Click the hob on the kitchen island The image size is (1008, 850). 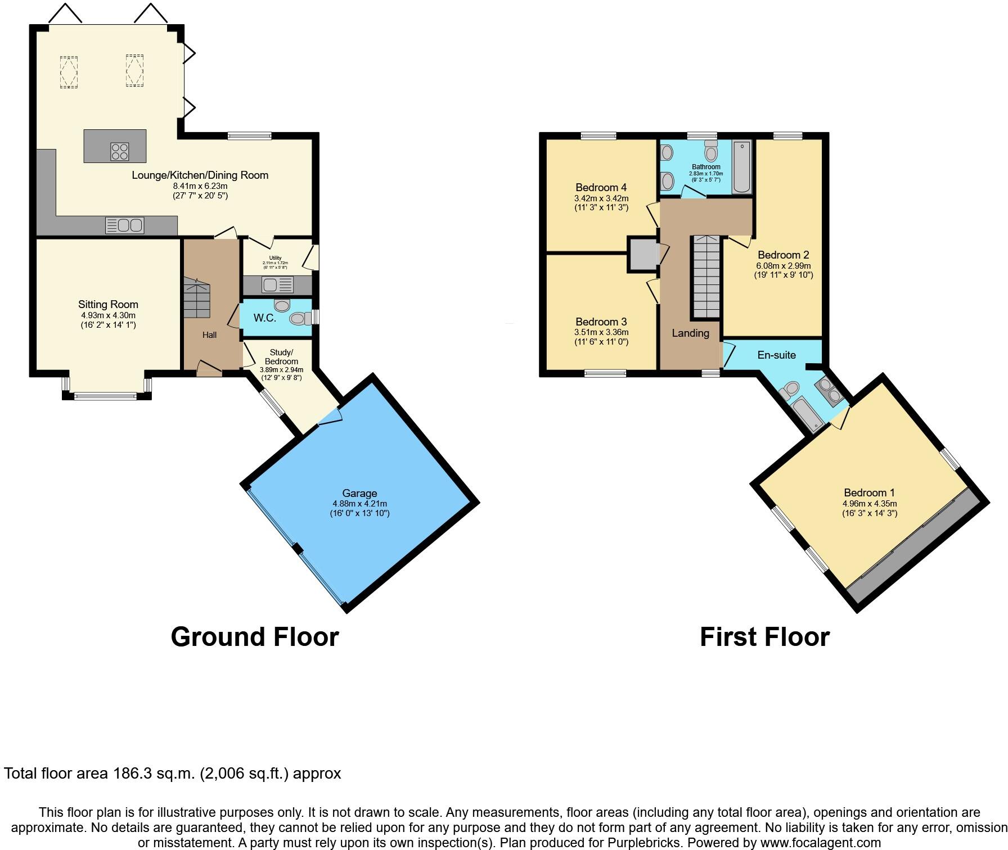pos(120,151)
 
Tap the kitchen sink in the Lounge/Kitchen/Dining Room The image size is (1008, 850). pos(125,225)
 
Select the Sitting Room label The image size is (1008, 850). pos(108,305)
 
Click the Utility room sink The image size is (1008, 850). pos(277,285)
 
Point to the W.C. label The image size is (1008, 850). pos(264,318)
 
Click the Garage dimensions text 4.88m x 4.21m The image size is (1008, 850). pos(359,504)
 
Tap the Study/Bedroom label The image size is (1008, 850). pos(281,357)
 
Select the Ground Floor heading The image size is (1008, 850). pos(254,637)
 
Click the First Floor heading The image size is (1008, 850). pos(764,637)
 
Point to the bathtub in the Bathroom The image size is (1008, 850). pos(742,167)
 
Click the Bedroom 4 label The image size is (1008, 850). pos(601,187)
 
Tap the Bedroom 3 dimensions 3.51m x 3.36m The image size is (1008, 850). pos(601,332)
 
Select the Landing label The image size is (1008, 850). pos(690,333)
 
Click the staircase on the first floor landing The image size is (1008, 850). pos(706,277)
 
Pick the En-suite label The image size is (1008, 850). pos(776,355)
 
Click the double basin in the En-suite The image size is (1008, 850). pos(829,390)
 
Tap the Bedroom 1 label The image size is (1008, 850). pos(869,492)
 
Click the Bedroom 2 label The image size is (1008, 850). pos(783,255)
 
